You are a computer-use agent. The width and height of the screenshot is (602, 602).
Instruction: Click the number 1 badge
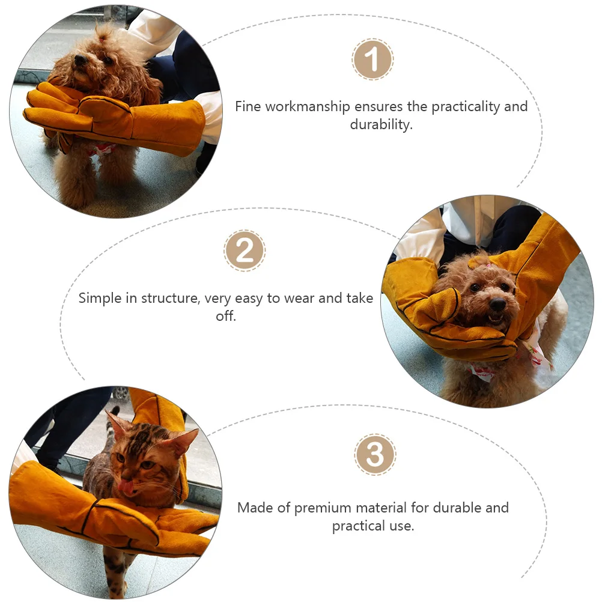pos(372,60)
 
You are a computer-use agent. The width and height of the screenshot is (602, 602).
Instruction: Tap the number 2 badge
pos(245,250)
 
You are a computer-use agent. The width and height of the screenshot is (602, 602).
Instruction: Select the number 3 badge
pos(375,455)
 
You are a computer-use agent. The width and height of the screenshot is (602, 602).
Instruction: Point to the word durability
pos(382,126)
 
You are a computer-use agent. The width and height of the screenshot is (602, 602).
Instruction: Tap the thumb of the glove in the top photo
pos(99,108)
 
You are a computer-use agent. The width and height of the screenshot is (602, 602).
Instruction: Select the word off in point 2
pos(226,316)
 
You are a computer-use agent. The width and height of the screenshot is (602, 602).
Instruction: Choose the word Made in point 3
pos(252,508)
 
